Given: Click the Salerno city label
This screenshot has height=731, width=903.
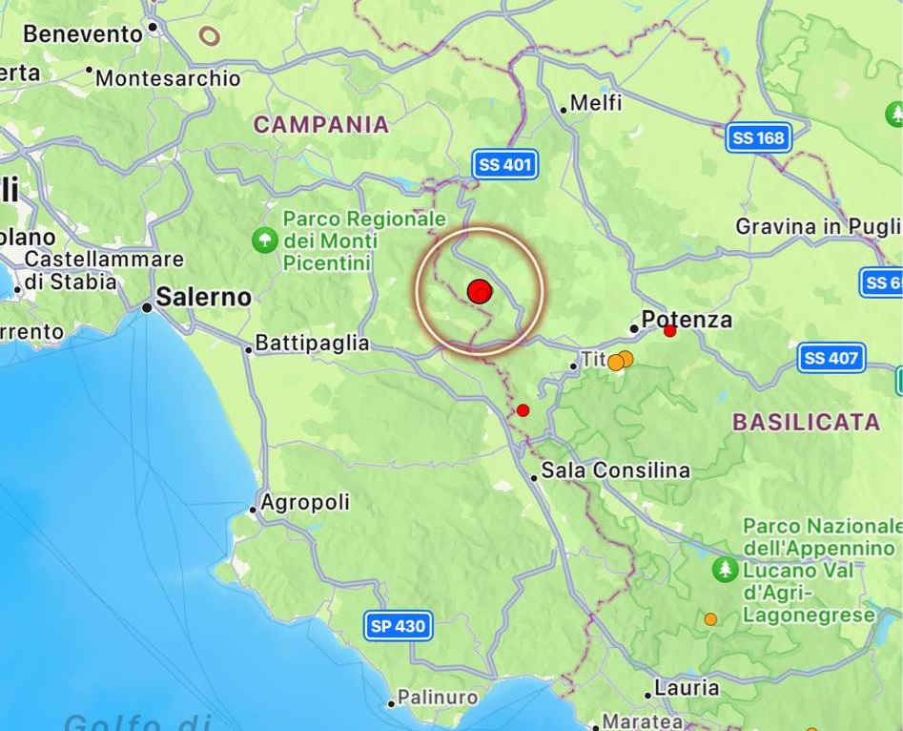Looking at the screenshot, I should click(203, 298).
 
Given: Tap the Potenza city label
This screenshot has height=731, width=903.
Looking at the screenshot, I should click(687, 320).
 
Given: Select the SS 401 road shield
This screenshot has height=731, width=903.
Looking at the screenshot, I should click(505, 165).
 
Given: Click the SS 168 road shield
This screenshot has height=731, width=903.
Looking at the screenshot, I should click(758, 138).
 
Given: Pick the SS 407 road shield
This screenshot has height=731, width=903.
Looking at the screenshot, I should click(831, 358).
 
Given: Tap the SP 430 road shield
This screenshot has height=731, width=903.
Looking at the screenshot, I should click(399, 626).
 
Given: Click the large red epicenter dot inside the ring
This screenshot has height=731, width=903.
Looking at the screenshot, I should click(480, 291).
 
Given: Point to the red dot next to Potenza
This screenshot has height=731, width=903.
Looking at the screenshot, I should click(670, 331).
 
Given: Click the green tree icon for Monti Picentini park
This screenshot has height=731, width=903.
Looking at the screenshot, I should click(264, 240).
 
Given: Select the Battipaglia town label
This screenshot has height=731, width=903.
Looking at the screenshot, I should click(313, 344).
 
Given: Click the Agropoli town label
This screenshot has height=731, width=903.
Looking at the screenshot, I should click(305, 502).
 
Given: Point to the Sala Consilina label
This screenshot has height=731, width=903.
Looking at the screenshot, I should click(615, 470).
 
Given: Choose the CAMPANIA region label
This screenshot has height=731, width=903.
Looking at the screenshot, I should click(321, 125).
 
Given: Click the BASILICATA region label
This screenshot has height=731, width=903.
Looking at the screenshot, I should click(806, 422).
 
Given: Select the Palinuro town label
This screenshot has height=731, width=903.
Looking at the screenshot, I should click(438, 698).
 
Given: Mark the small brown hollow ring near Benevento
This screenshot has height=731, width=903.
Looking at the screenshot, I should click(209, 36).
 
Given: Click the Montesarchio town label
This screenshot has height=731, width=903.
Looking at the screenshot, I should click(168, 78).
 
